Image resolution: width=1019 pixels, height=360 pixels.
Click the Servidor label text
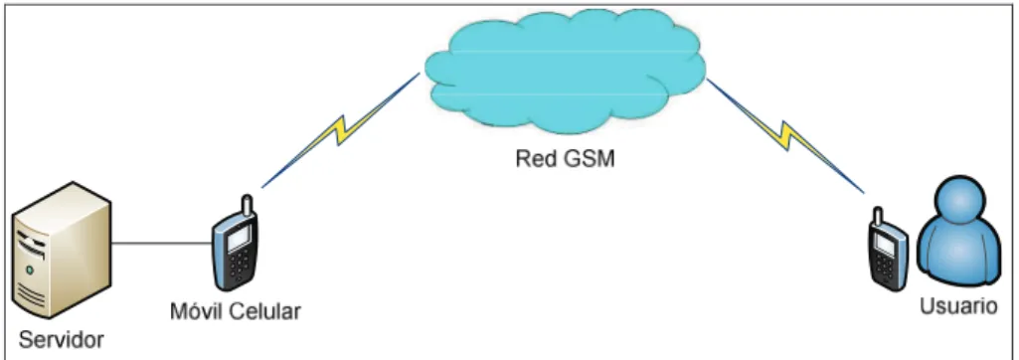point(61,340)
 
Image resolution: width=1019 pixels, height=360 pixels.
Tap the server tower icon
point(63,251)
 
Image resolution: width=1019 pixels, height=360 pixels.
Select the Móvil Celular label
point(236,311)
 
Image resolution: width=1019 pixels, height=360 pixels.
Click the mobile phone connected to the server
point(235,243)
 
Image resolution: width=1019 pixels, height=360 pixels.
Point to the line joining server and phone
point(162,245)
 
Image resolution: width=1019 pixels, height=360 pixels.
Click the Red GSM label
point(565,159)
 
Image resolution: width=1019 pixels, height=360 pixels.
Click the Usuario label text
point(958,305)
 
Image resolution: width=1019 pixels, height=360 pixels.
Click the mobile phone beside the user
point(889,248)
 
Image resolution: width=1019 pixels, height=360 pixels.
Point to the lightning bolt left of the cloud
point(341,130)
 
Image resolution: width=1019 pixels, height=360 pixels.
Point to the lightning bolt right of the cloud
point(785,135)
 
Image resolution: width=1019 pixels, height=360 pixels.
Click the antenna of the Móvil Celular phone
point(247,205)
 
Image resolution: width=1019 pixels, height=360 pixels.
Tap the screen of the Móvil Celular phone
point(238,238)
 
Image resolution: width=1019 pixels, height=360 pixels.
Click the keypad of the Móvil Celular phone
point(240,266)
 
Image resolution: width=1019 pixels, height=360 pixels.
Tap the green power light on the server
point(28,270)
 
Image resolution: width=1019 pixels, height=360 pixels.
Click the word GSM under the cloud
point(588,159)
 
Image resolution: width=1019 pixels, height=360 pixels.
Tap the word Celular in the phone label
point(266,311)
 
